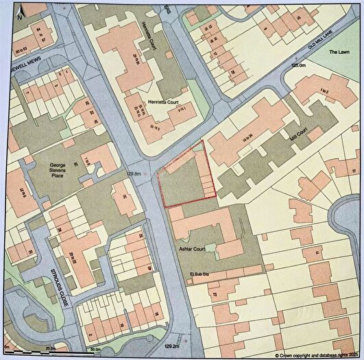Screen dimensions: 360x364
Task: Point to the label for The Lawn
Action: click(x=339, y=52)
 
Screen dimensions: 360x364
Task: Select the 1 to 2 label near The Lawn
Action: click(x=322, y=92)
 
